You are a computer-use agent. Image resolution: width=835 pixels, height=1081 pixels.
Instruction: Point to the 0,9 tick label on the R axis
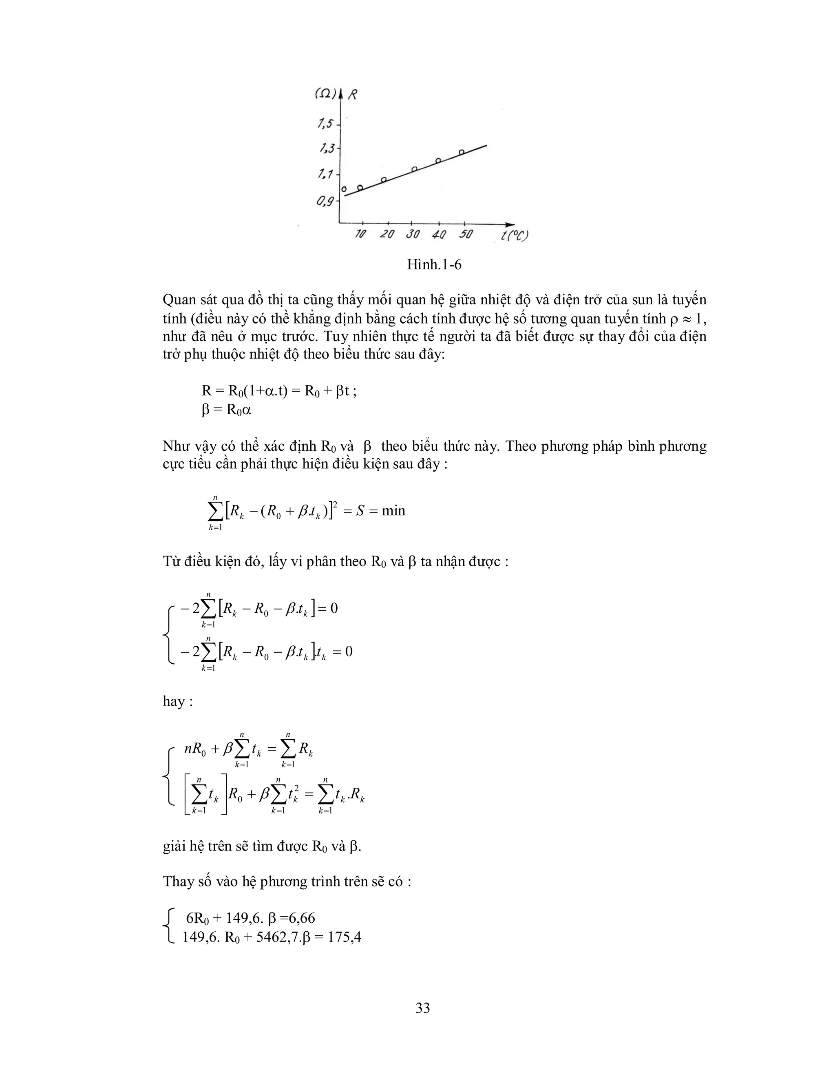click(x=325, y=201)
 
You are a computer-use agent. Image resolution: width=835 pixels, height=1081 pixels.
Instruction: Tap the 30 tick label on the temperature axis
click(x=412, y=235)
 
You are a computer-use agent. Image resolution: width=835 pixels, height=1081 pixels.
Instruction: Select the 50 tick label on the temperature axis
click(x=465, y=234)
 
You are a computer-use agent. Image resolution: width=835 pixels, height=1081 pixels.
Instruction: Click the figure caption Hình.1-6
click(x=434, y=265)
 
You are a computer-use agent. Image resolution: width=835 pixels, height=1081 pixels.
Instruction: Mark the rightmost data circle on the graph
click(x=461, y=152)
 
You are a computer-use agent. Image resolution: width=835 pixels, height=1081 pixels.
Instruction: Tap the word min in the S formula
click(x=393, y=510)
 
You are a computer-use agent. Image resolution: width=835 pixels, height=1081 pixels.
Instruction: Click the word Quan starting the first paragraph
click(x=179, y=300)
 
